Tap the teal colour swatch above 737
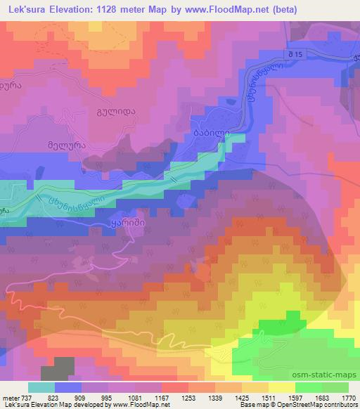pyautogui.click(x=41, y=387)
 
